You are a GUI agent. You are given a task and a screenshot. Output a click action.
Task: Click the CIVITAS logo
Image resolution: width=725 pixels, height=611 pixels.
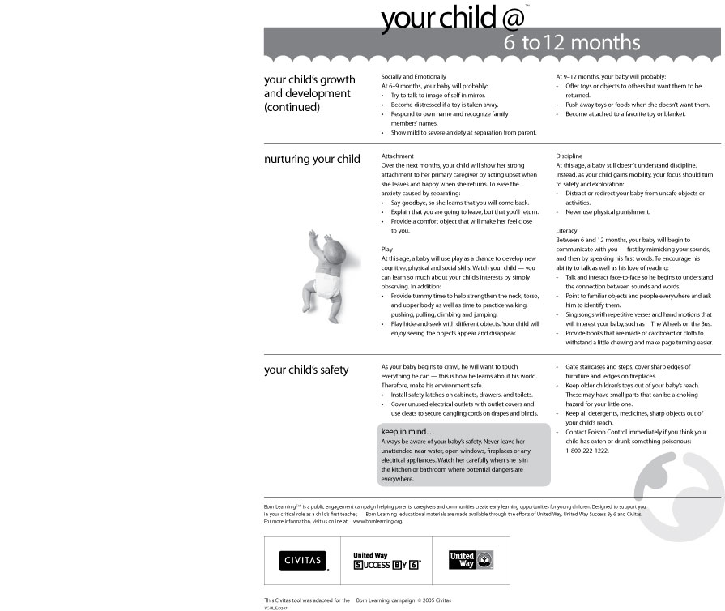point(303,561)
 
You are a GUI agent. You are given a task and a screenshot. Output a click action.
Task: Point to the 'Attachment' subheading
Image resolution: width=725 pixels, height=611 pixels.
point(397,156)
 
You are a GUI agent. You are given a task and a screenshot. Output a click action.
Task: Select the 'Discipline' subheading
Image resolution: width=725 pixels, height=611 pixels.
point(570,156)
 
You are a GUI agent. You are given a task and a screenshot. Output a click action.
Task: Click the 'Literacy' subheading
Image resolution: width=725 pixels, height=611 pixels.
point(566,231)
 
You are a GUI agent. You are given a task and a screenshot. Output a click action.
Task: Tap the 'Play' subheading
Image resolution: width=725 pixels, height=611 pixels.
point(386,250)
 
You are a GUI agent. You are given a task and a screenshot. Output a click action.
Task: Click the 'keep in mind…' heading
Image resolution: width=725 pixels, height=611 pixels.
point(407,431)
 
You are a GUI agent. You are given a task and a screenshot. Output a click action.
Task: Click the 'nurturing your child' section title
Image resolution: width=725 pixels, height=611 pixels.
point(312,160)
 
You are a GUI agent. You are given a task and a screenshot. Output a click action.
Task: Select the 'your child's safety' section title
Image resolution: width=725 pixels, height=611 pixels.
point(306,370)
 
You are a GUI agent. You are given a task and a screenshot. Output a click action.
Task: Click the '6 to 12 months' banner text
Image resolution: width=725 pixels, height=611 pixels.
point(572,43)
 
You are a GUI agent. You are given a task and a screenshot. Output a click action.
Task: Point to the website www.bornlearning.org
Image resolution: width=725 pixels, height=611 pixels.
point(377,522)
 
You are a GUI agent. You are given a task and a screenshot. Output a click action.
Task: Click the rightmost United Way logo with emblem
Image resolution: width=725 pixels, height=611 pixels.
point(471,560)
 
